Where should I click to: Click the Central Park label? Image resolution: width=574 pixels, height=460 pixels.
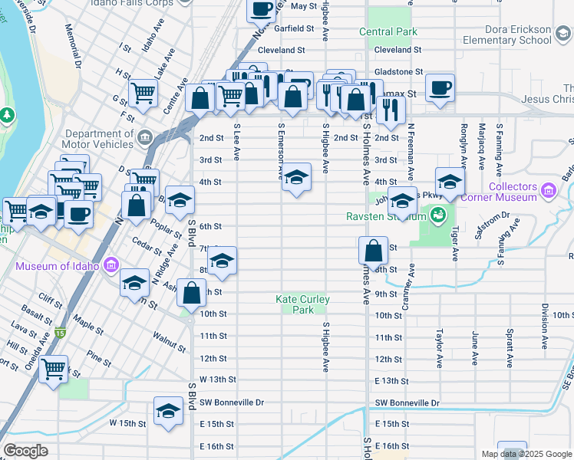point(389,32)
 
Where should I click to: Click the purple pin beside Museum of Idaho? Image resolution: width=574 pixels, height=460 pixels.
point(111,267)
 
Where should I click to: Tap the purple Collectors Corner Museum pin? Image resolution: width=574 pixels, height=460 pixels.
point(548,189)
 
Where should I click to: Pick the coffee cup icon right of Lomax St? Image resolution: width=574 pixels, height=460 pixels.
point(440,87)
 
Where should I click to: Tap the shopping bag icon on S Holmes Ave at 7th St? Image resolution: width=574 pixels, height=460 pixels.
point(373,250)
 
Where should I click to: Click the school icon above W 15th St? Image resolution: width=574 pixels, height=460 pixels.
point(168,410)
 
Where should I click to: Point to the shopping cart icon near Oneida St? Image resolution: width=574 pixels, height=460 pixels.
point(53,370)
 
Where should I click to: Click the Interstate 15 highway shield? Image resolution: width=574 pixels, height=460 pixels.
point(60,333)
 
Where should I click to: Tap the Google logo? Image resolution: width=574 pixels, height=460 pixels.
point(25,451)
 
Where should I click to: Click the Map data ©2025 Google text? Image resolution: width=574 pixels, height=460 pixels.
point(526,454)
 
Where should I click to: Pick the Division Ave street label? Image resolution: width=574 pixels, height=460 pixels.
point(545,321)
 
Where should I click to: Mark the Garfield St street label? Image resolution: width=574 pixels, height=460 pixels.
point(295,28)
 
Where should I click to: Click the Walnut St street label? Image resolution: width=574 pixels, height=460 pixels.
point(170,340)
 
